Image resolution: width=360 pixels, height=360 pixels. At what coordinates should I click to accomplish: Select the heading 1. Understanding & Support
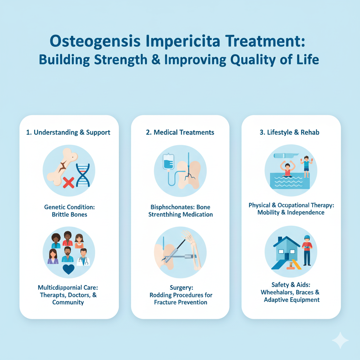coord(68,133)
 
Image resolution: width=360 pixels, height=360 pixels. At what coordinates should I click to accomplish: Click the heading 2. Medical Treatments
coord(180,133)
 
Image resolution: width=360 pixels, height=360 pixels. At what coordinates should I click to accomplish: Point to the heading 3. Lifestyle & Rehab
coord(290,133)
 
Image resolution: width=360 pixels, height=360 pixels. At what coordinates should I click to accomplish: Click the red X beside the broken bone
coord(69,182)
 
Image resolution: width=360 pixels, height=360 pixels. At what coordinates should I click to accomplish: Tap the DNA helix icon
coord(83,175)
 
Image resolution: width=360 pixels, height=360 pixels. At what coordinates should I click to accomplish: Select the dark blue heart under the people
coord(69,269)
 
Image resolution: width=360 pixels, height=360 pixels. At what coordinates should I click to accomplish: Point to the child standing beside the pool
coord(306,167)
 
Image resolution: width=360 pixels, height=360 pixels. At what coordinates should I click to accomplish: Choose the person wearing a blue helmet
coord(307,250)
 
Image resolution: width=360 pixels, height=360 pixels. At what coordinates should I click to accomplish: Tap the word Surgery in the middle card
coord(181,288)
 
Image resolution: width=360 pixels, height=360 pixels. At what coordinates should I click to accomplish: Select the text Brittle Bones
coord(70,215)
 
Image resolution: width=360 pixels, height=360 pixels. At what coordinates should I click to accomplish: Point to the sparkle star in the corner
coord(340,340)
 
